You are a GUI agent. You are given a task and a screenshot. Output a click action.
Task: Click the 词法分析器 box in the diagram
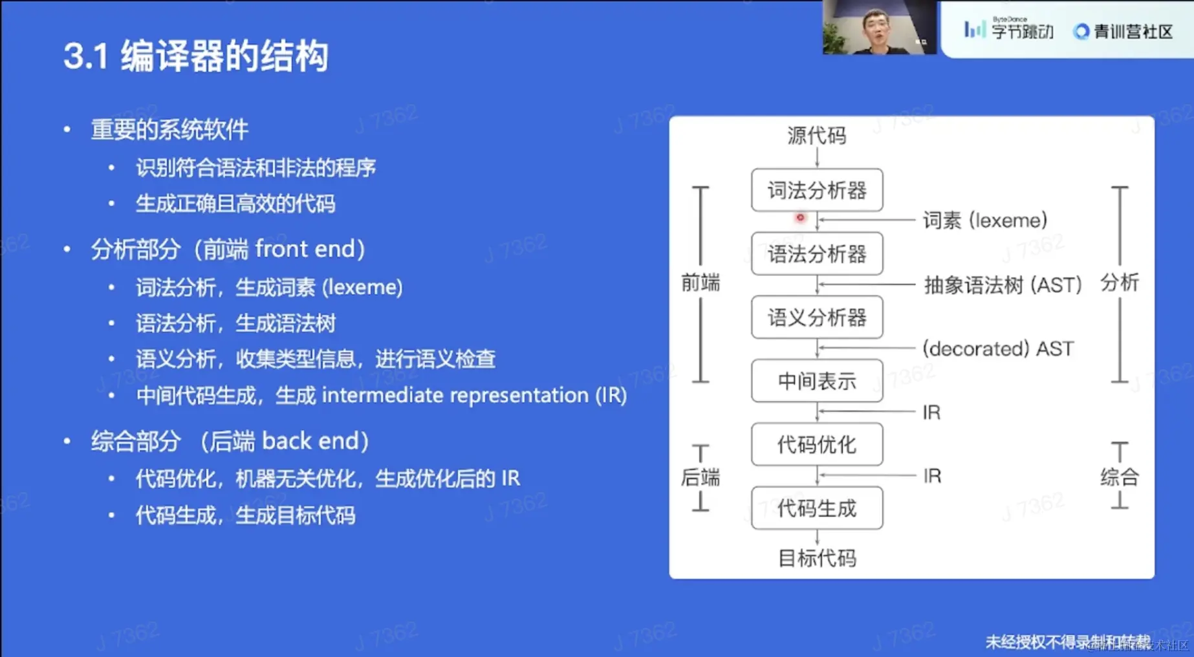(x=817, y=191)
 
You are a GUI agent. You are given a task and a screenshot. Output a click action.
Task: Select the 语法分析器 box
(x=817, y=254)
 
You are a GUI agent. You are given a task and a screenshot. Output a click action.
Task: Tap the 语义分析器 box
(x=817, y=318)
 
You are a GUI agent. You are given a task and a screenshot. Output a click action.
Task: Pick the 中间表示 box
(x=817, y=381)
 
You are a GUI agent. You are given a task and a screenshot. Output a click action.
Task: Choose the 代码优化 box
(x=817, y=444)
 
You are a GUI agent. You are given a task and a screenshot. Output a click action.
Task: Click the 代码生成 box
(x=817, y=508)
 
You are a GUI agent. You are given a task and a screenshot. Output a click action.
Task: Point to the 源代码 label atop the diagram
(x=816, y=136)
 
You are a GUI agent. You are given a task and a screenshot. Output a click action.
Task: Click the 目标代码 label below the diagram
(x=817, y=557)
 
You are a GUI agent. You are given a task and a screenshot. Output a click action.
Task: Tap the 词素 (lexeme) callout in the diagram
(x=984, y=221)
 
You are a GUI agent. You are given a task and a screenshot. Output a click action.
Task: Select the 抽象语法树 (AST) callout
(x=1003, y=285)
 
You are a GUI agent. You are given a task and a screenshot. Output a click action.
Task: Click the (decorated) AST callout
(x=998, y=349)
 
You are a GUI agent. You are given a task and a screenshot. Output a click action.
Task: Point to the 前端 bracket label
(x=700, y=283)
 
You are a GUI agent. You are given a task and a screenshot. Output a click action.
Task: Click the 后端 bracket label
(x=700, y=477)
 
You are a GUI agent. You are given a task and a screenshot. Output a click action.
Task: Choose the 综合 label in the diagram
(x=1120, y=477)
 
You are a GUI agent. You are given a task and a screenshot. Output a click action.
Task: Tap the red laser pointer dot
(x=800, y=218)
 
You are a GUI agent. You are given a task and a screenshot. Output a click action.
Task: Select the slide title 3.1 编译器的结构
(x=196, y=56)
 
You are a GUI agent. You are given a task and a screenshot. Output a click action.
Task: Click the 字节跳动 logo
(x=1008, y=30)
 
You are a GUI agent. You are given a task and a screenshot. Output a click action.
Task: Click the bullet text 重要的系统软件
(x=169, y=130)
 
